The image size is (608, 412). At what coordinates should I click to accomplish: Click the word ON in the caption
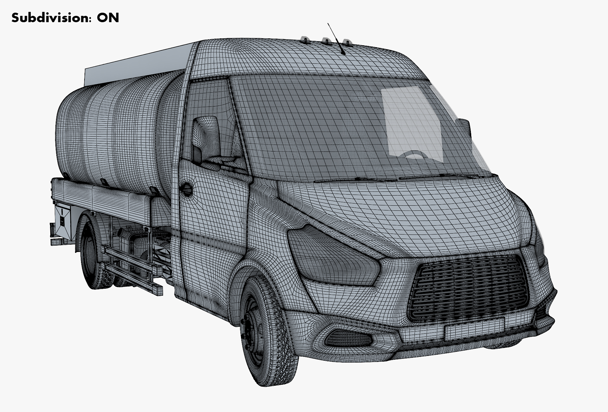pos(108,18)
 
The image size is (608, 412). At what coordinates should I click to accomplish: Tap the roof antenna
pos(336,39)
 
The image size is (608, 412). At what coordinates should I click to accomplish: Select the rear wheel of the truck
pos(92,250)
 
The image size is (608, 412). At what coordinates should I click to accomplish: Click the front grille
pos(469,287)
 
